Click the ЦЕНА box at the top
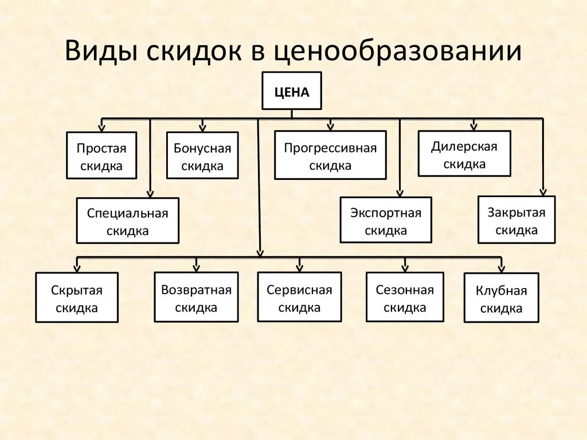point(292,91)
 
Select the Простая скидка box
point(101,155)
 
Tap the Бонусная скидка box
point(202,155)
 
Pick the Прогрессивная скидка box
point(330,155)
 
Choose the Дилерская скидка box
point(464,154)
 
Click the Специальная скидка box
point(128,221)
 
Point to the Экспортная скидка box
point(386,220)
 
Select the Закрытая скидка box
point(516,219)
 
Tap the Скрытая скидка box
point(77,297)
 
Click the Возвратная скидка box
point(196,297)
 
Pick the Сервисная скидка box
point(299,297)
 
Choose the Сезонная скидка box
point(405,297)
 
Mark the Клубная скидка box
point(501,298)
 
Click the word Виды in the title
point(100,50)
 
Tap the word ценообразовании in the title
point(397,52)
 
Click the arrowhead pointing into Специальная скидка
point(150,194)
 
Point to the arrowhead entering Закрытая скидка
point(543,192)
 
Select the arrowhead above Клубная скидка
point(502,269)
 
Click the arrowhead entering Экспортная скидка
point(400,193)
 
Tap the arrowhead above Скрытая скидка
point(77,268)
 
